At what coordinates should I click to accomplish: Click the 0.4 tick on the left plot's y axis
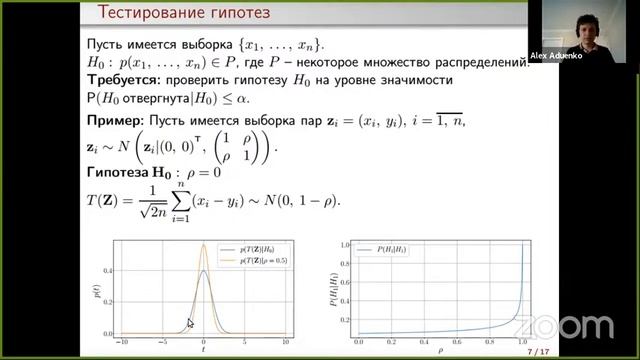tap(108, 270)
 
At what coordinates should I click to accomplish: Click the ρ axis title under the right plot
tap(440, 352)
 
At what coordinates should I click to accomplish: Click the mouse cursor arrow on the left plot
tap(190, 323)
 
